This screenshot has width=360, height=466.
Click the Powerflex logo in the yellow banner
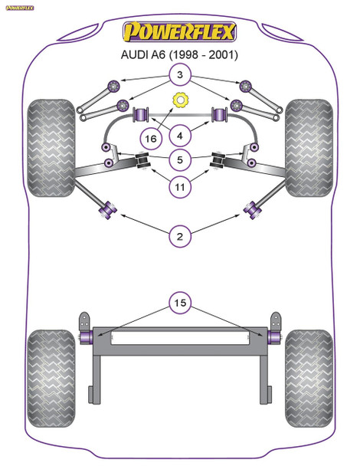tap(180, 33)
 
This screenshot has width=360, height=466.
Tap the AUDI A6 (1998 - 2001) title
tap(180, 55)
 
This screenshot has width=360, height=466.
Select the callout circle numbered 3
tap(180, 76)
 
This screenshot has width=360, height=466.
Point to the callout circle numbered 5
tap(180, 160)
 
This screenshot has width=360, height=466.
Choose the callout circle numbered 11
tap(180, 186)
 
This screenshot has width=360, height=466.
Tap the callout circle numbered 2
tap(180, 237)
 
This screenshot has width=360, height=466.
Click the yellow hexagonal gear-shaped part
tap(182, 100)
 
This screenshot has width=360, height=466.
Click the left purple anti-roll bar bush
tap(141, 116)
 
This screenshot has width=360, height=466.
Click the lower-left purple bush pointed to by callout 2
tap(108, 207)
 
